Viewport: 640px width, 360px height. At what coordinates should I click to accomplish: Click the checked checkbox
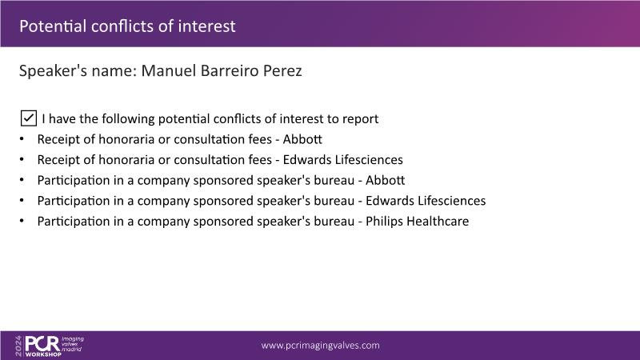29,118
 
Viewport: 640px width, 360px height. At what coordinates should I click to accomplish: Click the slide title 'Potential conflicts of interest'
127,26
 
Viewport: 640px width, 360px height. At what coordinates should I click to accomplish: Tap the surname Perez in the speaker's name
282,70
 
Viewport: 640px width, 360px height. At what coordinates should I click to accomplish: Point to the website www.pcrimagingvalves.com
321,346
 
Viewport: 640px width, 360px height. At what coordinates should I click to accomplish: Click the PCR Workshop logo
49,346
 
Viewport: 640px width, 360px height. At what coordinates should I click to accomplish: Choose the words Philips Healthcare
417,222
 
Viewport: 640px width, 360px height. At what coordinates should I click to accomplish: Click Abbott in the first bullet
302,139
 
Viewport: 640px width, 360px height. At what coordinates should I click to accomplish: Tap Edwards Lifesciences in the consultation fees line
343,159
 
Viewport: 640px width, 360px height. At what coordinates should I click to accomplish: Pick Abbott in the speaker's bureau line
386,180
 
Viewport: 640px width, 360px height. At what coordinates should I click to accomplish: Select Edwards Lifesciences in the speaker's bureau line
426,201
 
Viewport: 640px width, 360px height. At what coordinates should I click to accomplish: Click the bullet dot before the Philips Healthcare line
22,221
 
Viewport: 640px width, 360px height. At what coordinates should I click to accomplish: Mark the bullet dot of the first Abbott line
22,139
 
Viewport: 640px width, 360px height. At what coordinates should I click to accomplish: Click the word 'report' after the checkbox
361,119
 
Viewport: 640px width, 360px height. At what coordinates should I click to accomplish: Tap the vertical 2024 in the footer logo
18,346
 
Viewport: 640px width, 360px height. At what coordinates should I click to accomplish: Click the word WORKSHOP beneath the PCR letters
43,354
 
